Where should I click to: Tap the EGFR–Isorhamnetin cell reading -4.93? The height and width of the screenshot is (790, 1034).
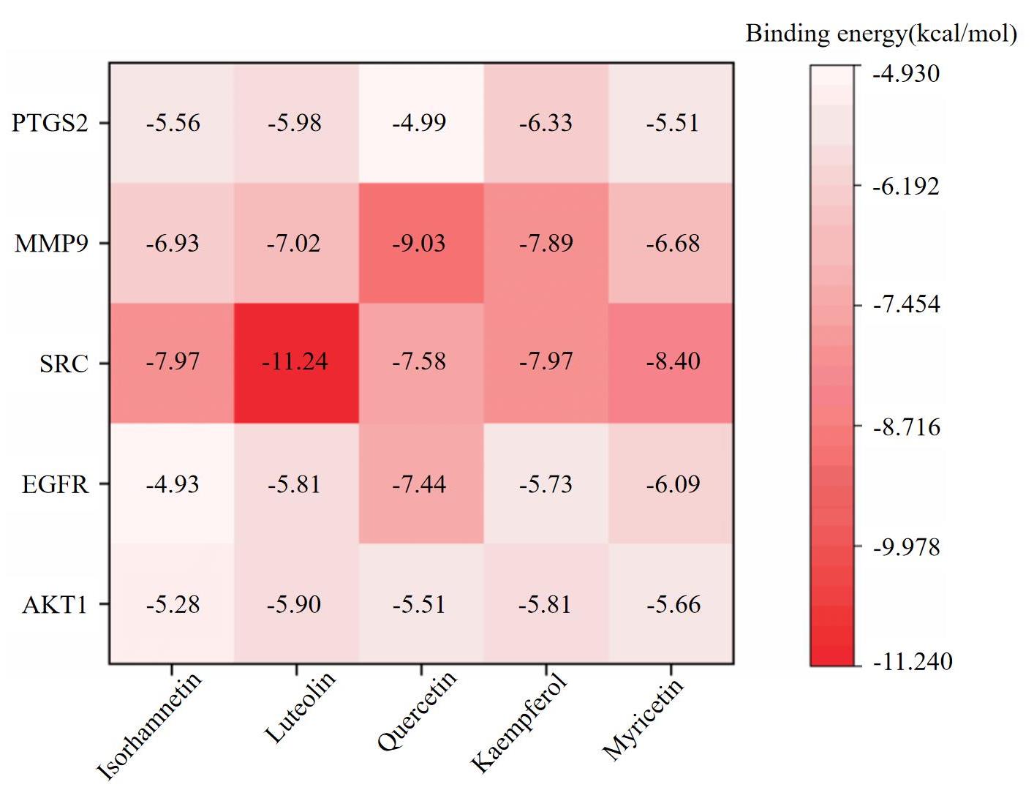point(173,484)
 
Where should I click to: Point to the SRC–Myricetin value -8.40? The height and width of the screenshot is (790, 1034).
point(673,361)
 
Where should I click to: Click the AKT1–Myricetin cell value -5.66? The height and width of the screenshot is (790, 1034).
point(673,604)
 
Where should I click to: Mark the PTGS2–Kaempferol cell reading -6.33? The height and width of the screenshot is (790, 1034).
point(546,123)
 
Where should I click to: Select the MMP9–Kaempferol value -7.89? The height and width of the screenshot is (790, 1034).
point(546,244)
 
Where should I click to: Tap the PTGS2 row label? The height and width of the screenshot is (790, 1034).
point(50,123)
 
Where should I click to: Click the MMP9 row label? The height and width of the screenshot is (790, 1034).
point(51,244)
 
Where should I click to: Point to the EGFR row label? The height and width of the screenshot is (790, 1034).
point(55,484)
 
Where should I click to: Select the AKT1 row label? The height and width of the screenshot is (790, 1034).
point(55,604)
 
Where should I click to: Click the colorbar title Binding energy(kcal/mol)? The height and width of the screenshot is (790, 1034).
point(881,34)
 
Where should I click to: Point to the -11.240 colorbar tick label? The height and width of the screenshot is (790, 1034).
point(913,661)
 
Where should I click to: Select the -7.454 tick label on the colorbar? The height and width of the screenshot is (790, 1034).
point(906,304)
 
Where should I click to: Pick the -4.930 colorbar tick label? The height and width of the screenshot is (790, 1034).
point(906,73)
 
